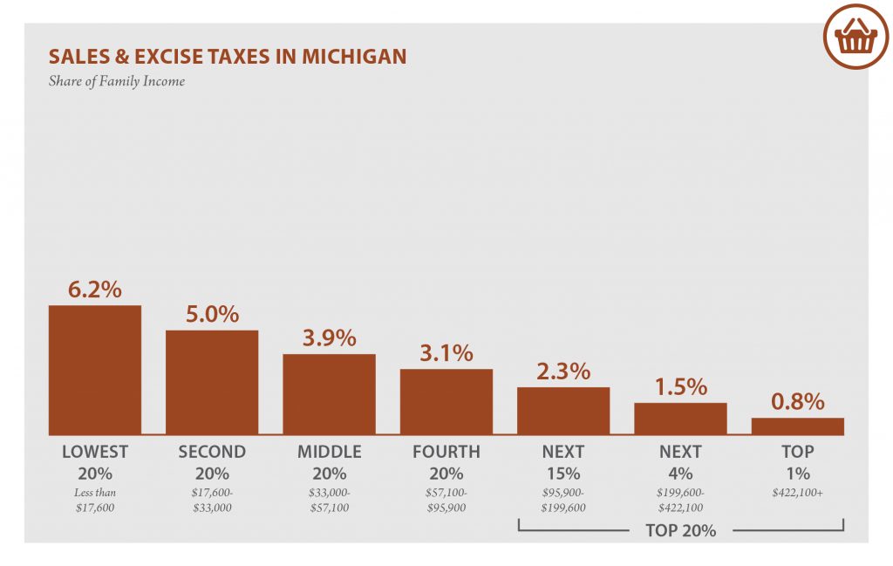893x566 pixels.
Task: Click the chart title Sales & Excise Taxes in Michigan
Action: point(227,57)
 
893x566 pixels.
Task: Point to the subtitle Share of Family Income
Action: point(116,82)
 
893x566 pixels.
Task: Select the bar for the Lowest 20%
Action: point(94,369)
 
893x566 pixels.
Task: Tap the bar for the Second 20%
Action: point(212,382)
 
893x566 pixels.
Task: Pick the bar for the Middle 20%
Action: point(329,393)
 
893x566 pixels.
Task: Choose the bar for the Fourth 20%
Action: point(446,401)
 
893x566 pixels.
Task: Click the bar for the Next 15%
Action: point(562,410)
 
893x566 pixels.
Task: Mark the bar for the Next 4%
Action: point(680,418)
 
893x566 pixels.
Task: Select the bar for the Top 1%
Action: point(797,426)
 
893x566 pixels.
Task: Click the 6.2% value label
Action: point(94,290)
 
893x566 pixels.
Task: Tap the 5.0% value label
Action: point(212,314)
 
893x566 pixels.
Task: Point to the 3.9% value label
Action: point(329,338)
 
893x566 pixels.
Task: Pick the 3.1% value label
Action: point(446,353)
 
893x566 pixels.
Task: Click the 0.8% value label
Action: point(797,402)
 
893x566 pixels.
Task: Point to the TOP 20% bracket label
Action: point(680,529)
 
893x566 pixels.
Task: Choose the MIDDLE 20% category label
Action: point(329,462)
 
